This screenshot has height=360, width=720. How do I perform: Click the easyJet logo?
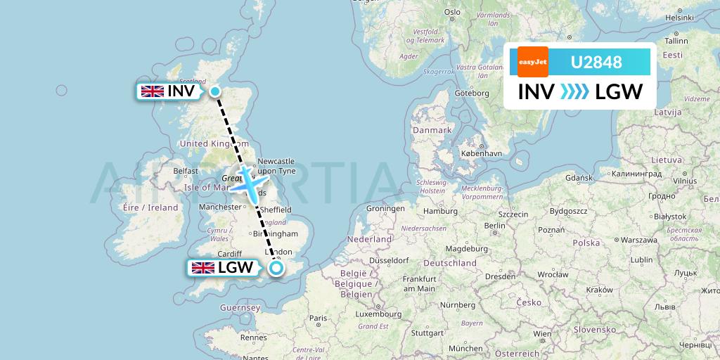pyautogui.click(x=532, y=62)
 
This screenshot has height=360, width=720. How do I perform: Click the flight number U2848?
pyautogui.click(x=596, y=63)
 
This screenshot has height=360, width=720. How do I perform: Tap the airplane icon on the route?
pyautogui.click(x=247, y=183)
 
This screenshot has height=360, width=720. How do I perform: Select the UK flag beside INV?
pyautogui.click(x=153, y=91)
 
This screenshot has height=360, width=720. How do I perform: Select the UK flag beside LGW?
pyautogui.click(x=203, y=267)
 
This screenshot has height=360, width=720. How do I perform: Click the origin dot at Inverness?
pyautogui.click(x=214, y=91)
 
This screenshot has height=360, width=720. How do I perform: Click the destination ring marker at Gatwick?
pyautogui.click(x=276, y=267)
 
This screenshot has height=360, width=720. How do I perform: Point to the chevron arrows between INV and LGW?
pyautogui.click(x=575, y=92)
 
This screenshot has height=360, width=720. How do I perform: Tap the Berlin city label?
pyautogui.click(x=495, y=226)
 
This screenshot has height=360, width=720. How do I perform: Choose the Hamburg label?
pyautogui.click(x=441, y=211)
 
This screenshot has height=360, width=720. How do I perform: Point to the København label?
pyautogui.click(x=482, y=153)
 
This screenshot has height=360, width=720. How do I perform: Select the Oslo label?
pyautogui.click(x=451, y=11)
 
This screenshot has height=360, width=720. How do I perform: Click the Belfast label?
pyautogui.click(x=186, y=170)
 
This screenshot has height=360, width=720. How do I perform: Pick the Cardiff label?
pyautogui.click(x=230, y=254)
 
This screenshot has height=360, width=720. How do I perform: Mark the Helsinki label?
pyautogui.click(x=679, y=18)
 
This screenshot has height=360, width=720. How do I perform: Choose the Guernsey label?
pyautogui.click(x=240, y=308)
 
